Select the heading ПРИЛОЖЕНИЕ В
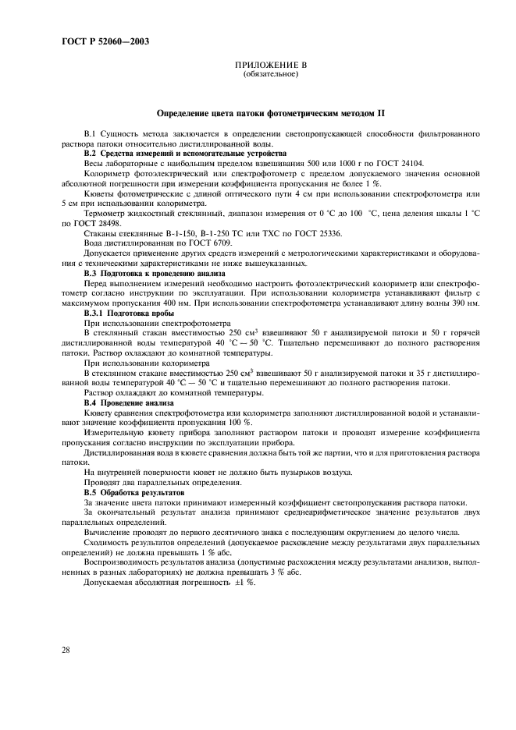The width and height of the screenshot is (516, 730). click(270, 67)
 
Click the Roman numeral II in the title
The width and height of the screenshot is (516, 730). click(382, 113)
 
